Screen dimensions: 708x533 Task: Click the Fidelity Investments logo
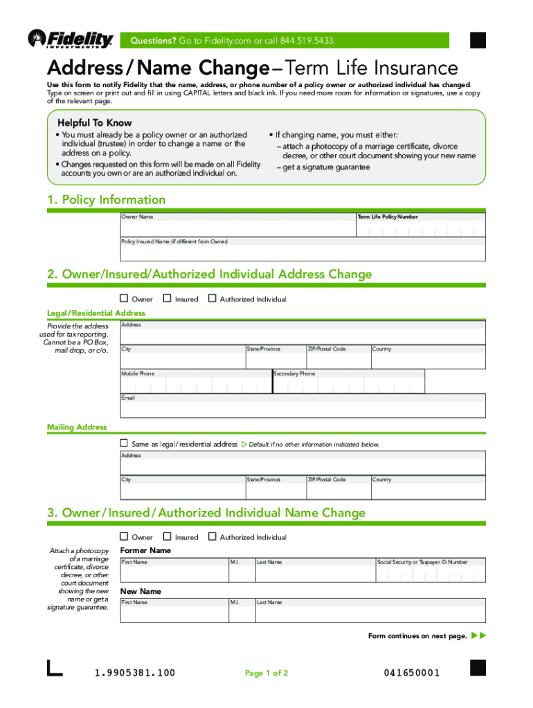point(70,40)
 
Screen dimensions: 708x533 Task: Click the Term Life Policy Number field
point(420,229)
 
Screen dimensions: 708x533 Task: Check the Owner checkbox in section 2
point(124,299)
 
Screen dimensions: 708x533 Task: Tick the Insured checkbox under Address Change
point(167,299)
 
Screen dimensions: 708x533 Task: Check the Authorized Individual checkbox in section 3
point(213,537)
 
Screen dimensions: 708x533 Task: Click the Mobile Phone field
point(196,384)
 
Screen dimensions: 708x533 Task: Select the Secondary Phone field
point(348,384)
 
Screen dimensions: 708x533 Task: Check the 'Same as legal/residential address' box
point(124,443)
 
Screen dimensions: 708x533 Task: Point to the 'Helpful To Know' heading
point(94,122)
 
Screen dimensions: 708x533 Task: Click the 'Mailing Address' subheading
point(77,427)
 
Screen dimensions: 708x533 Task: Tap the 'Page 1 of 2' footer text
point(266,673)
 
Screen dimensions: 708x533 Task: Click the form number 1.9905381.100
point(134,673)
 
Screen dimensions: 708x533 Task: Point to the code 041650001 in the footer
point(411,673)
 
